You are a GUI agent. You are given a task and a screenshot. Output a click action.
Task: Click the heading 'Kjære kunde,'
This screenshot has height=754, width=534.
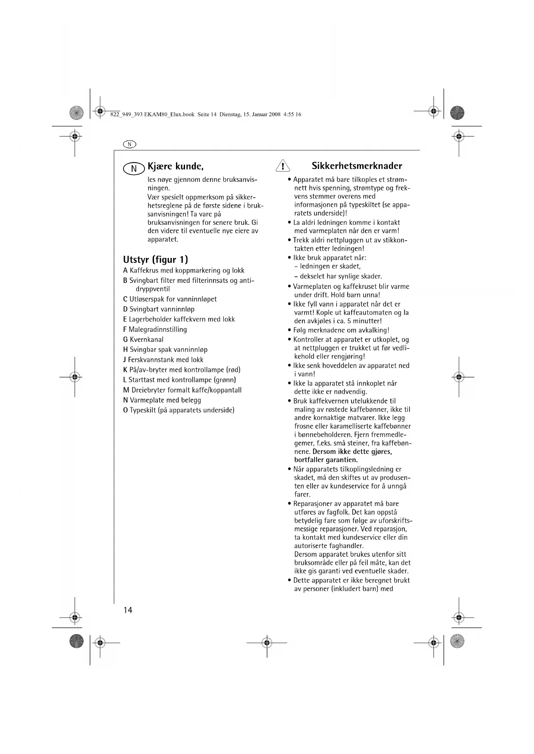(175, 166)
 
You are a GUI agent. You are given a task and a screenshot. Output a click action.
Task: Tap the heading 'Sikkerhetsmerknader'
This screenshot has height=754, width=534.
(357, 166)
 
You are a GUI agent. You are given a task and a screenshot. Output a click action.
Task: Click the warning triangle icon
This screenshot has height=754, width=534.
(283, 166)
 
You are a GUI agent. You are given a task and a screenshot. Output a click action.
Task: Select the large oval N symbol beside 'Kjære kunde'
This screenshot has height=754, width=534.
(134, 169)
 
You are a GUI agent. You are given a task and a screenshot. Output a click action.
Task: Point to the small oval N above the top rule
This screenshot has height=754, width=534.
(130, 144)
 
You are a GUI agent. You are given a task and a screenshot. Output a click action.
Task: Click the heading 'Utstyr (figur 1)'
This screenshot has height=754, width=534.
(155, 260)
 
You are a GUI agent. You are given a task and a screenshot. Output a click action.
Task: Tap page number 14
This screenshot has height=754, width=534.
(128, 610)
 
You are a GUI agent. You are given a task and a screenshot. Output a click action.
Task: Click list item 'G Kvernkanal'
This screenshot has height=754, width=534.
(143, 340)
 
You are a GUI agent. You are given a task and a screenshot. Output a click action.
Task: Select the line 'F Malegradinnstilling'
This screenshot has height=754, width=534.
(155, 329)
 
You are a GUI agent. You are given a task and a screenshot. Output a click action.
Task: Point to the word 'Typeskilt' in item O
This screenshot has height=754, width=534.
(143, 410)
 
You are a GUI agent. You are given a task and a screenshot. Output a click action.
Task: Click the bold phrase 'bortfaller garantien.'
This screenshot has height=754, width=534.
(326, 460)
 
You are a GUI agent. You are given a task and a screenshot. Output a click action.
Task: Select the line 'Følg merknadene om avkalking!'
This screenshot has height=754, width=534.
(341, 330)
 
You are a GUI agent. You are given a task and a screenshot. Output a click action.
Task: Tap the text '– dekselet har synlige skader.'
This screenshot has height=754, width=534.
(338, 276)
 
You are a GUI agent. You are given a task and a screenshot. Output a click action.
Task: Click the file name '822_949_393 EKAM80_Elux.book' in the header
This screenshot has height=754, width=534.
(152, 115)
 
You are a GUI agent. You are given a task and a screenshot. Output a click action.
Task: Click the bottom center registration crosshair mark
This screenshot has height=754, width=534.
(267, 643)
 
